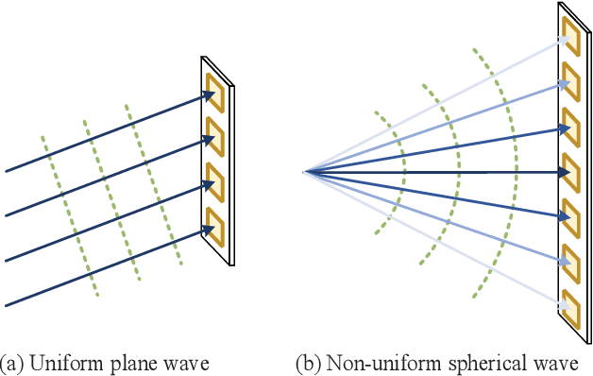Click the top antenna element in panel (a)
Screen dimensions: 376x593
coord(213,86)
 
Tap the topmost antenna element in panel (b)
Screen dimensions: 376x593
coord(570,31)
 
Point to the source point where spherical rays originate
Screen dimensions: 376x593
coord(303,172)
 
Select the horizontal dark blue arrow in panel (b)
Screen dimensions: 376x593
coord(434,172)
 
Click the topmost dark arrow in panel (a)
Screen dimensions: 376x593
coord(104,132)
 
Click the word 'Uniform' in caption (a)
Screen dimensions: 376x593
coord(60,362)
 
